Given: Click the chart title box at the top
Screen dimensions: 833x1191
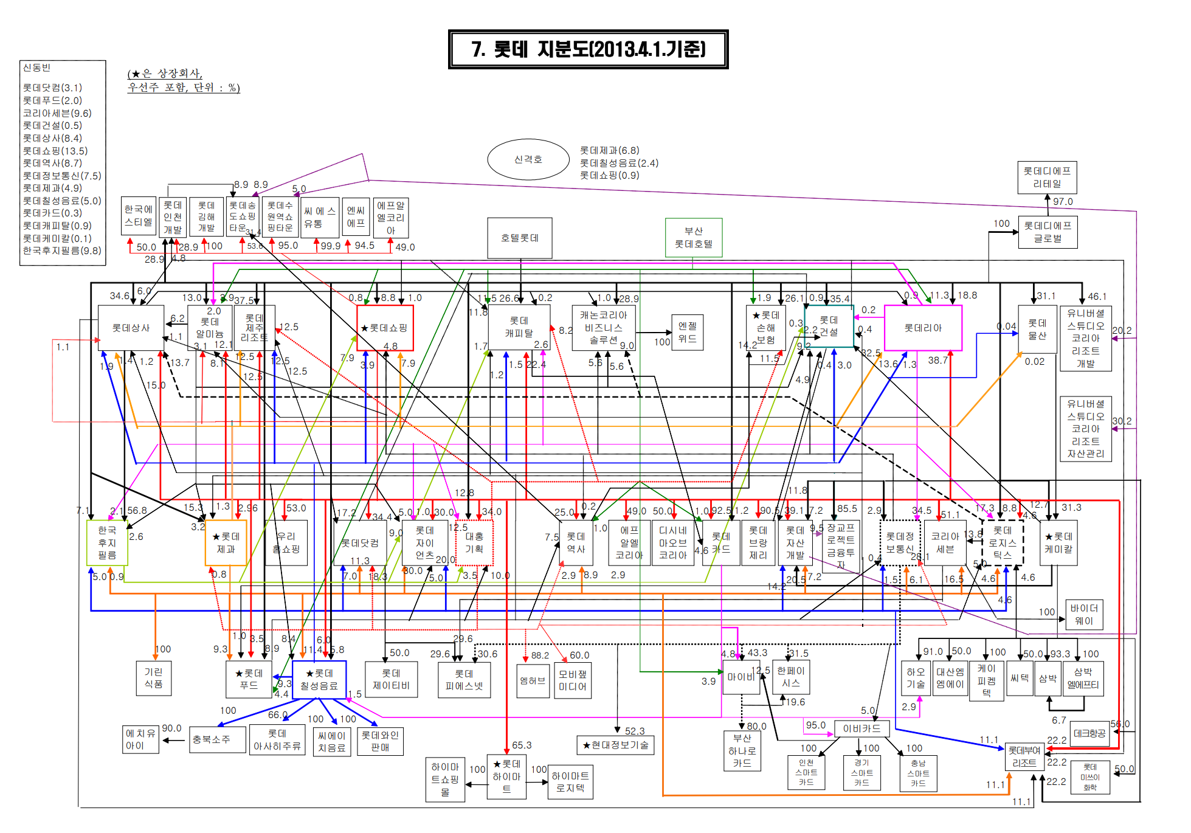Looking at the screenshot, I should (x=588, y=49).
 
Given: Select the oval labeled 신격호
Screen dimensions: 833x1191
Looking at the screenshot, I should (x=528, y=159).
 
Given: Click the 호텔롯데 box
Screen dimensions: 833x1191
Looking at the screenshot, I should (x=520, y=238).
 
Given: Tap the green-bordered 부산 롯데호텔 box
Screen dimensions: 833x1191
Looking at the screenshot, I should (x=694, y=237).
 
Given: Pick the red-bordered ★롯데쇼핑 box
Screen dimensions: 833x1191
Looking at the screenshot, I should (x=385, y=328).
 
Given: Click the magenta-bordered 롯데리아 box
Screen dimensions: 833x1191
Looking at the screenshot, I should (x=923, y=328).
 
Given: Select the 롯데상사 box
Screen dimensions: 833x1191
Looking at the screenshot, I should (x=131, y=328).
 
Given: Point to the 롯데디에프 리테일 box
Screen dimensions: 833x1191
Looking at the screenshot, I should (x=1047, y=178).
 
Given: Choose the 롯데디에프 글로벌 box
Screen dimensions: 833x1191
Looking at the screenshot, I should (x=1048, y=232).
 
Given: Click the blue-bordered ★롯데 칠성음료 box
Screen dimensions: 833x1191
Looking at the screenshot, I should (x=319, y=680).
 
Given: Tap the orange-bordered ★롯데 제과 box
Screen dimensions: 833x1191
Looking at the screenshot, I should (x=226, y=542).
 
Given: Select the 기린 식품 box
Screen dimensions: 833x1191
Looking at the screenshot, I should (x=153, y=678).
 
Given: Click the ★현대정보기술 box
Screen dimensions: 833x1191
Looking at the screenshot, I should (x=615, y=745).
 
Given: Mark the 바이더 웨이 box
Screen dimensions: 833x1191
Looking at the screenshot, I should (x=1084, y=614).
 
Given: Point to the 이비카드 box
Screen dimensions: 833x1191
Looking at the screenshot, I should (x=861, y=728).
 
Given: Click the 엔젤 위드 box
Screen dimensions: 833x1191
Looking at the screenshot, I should (x=687, y=332).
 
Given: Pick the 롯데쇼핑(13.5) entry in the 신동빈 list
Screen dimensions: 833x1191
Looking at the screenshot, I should (x=55, y=151).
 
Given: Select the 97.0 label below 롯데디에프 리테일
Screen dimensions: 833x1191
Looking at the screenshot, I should (x=1063, y=201).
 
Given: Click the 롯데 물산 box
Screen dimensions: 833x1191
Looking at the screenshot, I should (x=1037, y=329).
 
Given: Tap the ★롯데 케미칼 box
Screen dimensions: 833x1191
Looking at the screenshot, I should (x=1058, y=542).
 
